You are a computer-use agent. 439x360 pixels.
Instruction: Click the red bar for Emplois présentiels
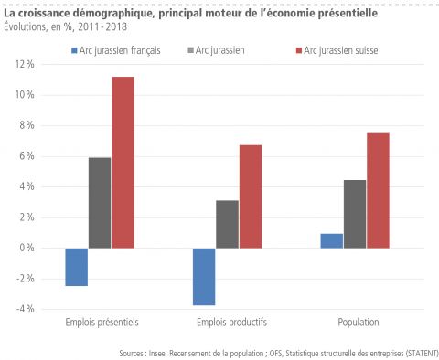[x=123, y=162]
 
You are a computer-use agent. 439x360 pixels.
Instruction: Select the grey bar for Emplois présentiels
[x=100, y=202]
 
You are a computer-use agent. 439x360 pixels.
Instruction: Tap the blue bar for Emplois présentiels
[x=77, y=267]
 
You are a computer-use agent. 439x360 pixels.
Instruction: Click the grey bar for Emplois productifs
[x=227, y=224]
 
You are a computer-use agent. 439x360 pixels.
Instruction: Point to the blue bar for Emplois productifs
[x=204, y=276]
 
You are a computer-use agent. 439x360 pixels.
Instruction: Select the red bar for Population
[x=378, y=190]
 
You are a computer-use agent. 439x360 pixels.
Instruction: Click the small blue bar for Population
[x=332, y=240]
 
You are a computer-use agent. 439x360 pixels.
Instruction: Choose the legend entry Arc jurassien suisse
[x=339, y=49]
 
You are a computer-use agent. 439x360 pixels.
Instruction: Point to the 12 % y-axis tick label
[x=24, y=65]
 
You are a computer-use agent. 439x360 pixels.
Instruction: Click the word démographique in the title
[x=112, y=14]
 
